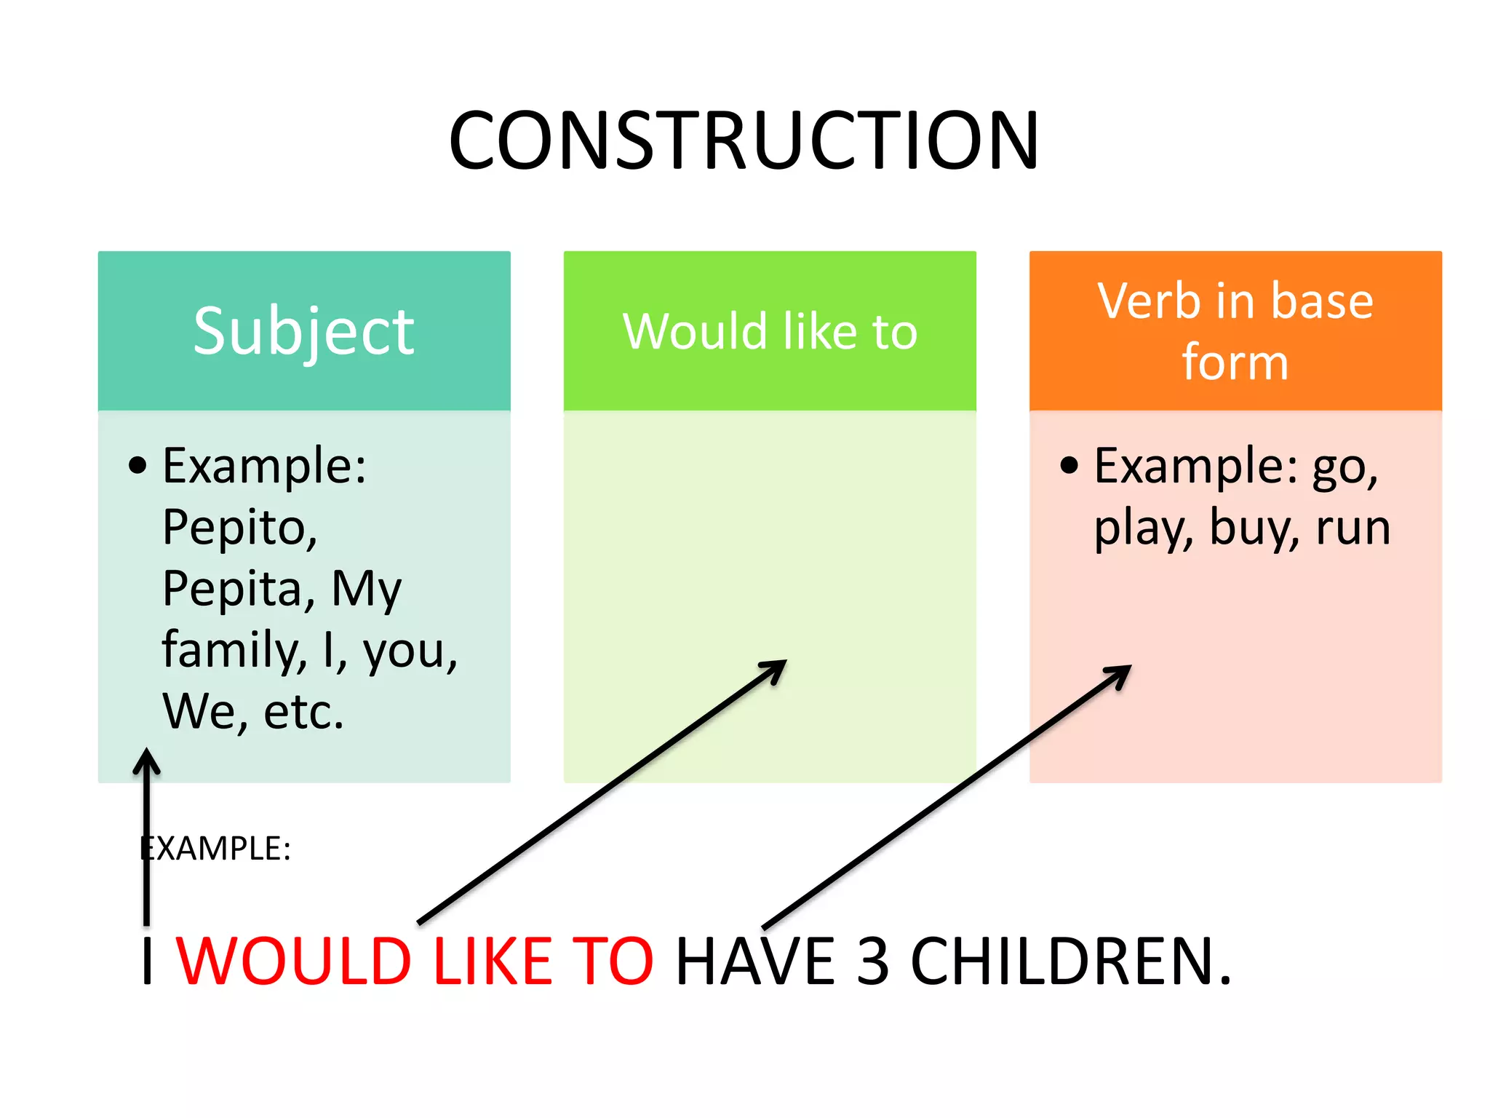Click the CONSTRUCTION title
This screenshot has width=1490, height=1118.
pyautogui.click(x=744, y=140)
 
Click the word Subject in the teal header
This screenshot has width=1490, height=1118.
pyautogui.click(x=303, y=332)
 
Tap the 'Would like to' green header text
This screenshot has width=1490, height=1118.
pyautogui.click(x=770, y=332)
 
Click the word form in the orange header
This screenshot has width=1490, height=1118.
pyautogui.click(x=1235, y=362)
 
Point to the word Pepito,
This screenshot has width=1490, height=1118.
pyautogui.click(x=239, y=528)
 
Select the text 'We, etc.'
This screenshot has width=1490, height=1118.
pyautogui.click(x=252, y=711)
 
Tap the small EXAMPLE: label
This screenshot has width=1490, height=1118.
pyautogui.click(x=216, y=849)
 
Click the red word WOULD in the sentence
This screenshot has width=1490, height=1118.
pyautogui.click(x=294, y=962)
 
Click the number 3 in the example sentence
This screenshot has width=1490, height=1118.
pyautogui.click(x=872, y=962)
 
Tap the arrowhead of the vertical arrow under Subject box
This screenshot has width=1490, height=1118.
pyautogui.click(x=146, y=759)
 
